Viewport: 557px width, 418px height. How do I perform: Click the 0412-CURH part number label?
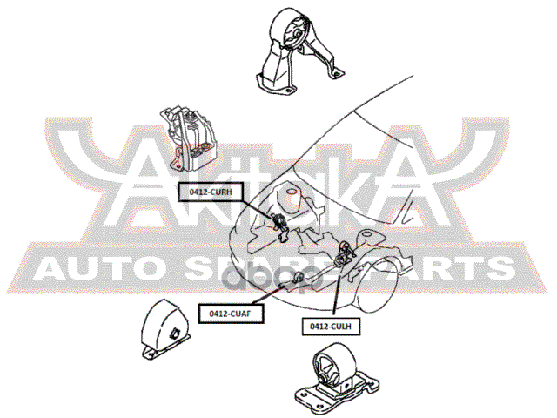(211, 192)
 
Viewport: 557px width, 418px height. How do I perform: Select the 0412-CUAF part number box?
(231, 313)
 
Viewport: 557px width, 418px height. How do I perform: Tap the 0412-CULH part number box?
(331, 326)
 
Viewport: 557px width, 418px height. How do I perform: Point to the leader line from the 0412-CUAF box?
(272, 294)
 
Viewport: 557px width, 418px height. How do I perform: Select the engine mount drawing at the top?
(299, 51)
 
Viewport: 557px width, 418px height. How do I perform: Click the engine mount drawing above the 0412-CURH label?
(188, 138)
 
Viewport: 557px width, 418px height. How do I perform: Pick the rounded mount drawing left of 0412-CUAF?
(165, 329)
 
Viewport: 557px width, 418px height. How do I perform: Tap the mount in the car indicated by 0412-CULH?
(344, 254)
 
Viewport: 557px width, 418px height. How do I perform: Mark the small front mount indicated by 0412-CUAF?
(299, 276)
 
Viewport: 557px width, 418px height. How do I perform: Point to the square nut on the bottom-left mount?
(176, 333)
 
